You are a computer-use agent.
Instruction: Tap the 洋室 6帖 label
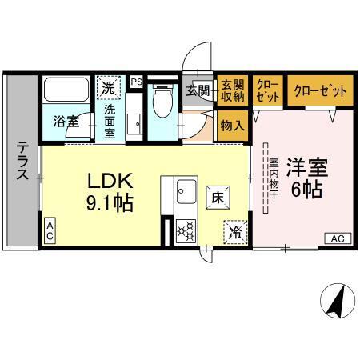[x=306, y=181]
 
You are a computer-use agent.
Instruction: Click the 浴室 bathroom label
[x=66, y=122]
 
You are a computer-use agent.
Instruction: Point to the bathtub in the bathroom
[x=66, y=90]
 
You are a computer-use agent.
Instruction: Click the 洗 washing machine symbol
[x=107, y=85]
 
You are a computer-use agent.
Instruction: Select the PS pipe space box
[x=136, y=81]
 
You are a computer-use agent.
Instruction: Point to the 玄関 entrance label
[x=198, y=90]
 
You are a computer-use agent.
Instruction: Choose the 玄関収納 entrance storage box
[x=232, y=91]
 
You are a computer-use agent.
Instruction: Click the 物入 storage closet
[x=233, y=126]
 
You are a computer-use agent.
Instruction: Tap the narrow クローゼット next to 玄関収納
[x=267, y=91]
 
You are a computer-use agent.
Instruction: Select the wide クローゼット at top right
[x=319, y=91]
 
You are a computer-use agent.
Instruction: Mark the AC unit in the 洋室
[x=337, y=238]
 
